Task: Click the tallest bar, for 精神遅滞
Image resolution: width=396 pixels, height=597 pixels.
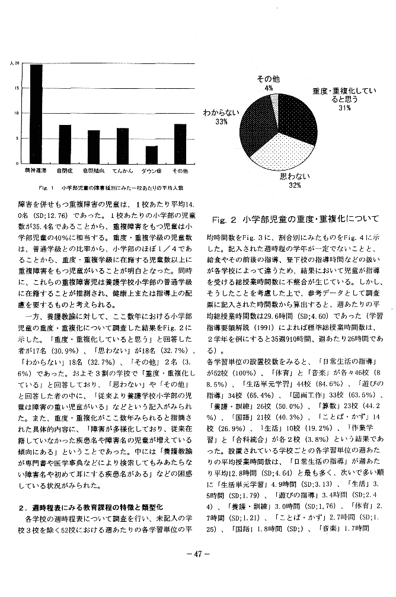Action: pos(36,113)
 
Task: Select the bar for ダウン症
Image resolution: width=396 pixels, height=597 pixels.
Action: pos(152,154)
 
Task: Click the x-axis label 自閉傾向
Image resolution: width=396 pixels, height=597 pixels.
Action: pos(94,171)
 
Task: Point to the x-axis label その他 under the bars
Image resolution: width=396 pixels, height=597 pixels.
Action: pos(180,171)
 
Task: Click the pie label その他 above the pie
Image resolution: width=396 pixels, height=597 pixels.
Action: pos(269,79)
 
